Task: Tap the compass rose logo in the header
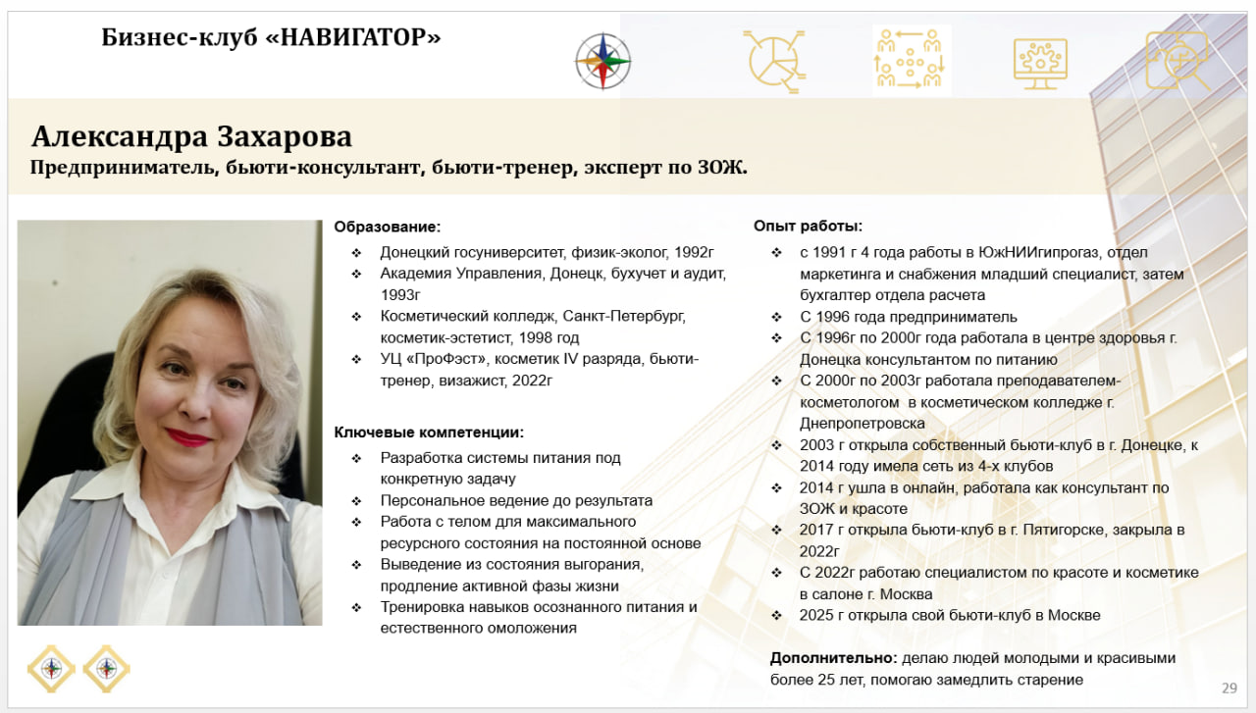tap(602, 61)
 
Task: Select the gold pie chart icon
tap(775, 61)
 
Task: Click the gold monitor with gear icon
tap(1040, 64)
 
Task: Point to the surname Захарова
tap(285, 136)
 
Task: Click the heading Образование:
tap(388, 227)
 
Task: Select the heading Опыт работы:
tap(808, 226)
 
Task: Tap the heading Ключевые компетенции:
tap(429, 433)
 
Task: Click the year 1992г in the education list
tap(694, 252)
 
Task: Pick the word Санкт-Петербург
tap(623, 316)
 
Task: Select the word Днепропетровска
tap(862, 424)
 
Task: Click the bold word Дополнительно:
tap(833, 658)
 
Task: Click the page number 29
tap(1230, 688)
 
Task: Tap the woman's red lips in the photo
tap(187, 437)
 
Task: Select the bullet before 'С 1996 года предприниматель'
tap(776, 317)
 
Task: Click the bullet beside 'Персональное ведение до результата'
tap(356, 500)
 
